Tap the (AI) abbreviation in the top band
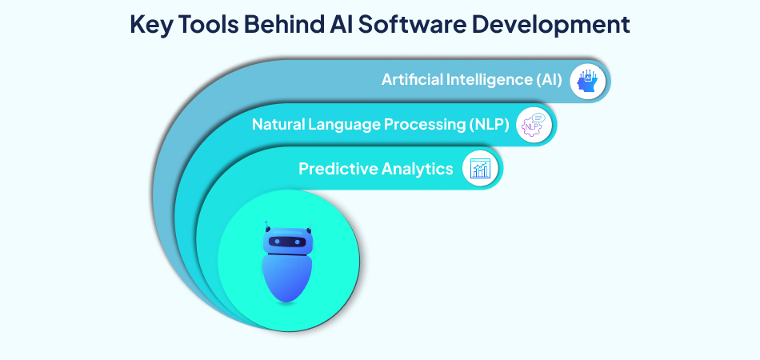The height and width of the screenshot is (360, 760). click(549, 80)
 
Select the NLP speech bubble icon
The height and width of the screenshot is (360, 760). click(534, 125)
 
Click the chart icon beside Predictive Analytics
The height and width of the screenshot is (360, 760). click(481, 169)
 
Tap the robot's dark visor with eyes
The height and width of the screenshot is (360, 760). click(288, 242)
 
